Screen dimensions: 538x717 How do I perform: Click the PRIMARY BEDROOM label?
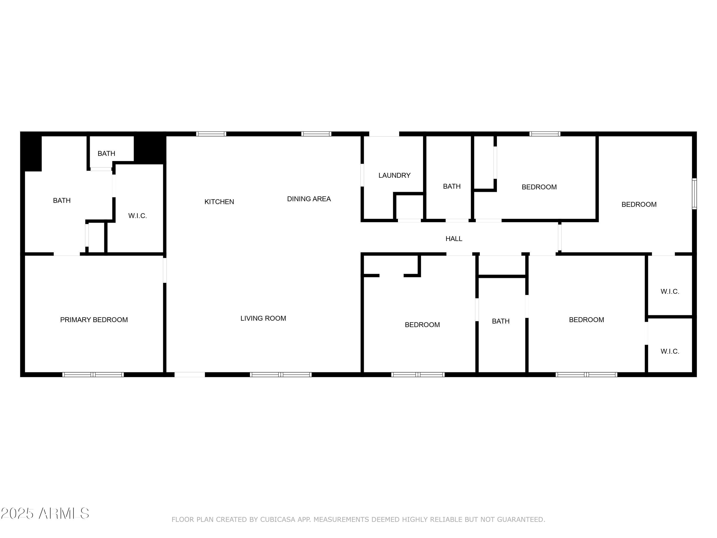coord(94,320)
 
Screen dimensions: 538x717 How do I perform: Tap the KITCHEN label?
coord(219,202)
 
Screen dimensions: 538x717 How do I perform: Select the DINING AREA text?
coord(309,199)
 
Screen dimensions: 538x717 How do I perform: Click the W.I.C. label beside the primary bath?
coord(137,216)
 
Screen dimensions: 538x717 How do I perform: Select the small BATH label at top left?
coord(106,154)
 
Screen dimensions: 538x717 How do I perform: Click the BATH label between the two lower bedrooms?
coord(500,321)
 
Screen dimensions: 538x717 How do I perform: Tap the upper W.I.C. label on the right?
coord(670,291)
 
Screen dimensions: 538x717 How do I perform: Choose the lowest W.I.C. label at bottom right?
coord(670,351)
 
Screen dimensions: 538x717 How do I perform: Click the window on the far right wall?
coord(694,194)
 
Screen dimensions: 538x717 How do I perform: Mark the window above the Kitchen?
coord(211,134)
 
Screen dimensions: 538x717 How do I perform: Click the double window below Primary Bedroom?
coord(93,374)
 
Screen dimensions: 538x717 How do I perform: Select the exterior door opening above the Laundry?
coord(384,134)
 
